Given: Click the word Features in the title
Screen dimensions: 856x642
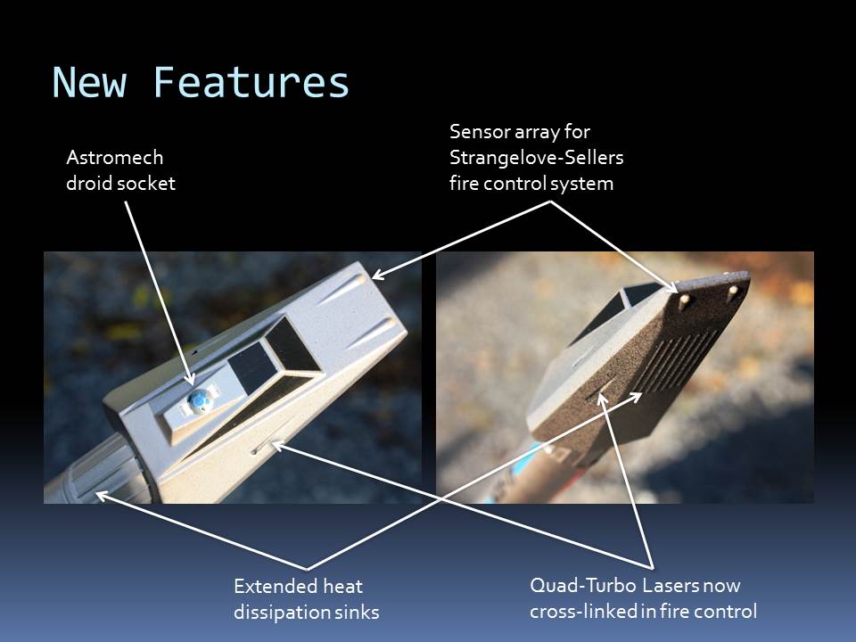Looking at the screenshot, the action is click(x=251, y=82).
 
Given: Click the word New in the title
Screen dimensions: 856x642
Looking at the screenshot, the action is click(x=89, y=82).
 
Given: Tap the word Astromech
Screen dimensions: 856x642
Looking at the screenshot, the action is click(x=115, y=157).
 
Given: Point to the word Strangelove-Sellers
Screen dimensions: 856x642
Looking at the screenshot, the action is click(x=536, y=157).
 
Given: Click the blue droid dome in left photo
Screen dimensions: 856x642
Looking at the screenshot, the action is click(x=198, y=400).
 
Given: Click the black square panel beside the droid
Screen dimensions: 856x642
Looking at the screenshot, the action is click(x=252, y=366).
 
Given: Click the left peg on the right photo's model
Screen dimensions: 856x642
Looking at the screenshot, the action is click(x=684, y=300).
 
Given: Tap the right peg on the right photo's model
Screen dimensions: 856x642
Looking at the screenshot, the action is click(x=733, y=290).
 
